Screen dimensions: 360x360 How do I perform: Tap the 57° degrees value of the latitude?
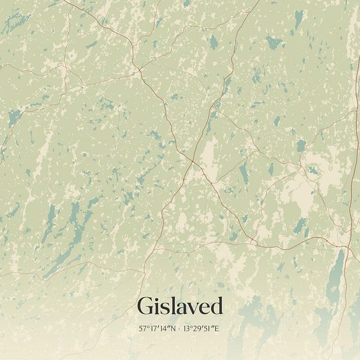click(144, 329)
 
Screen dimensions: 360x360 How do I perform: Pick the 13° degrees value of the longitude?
click(189, 329)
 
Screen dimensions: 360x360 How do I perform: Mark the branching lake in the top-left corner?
click(15, 23)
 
